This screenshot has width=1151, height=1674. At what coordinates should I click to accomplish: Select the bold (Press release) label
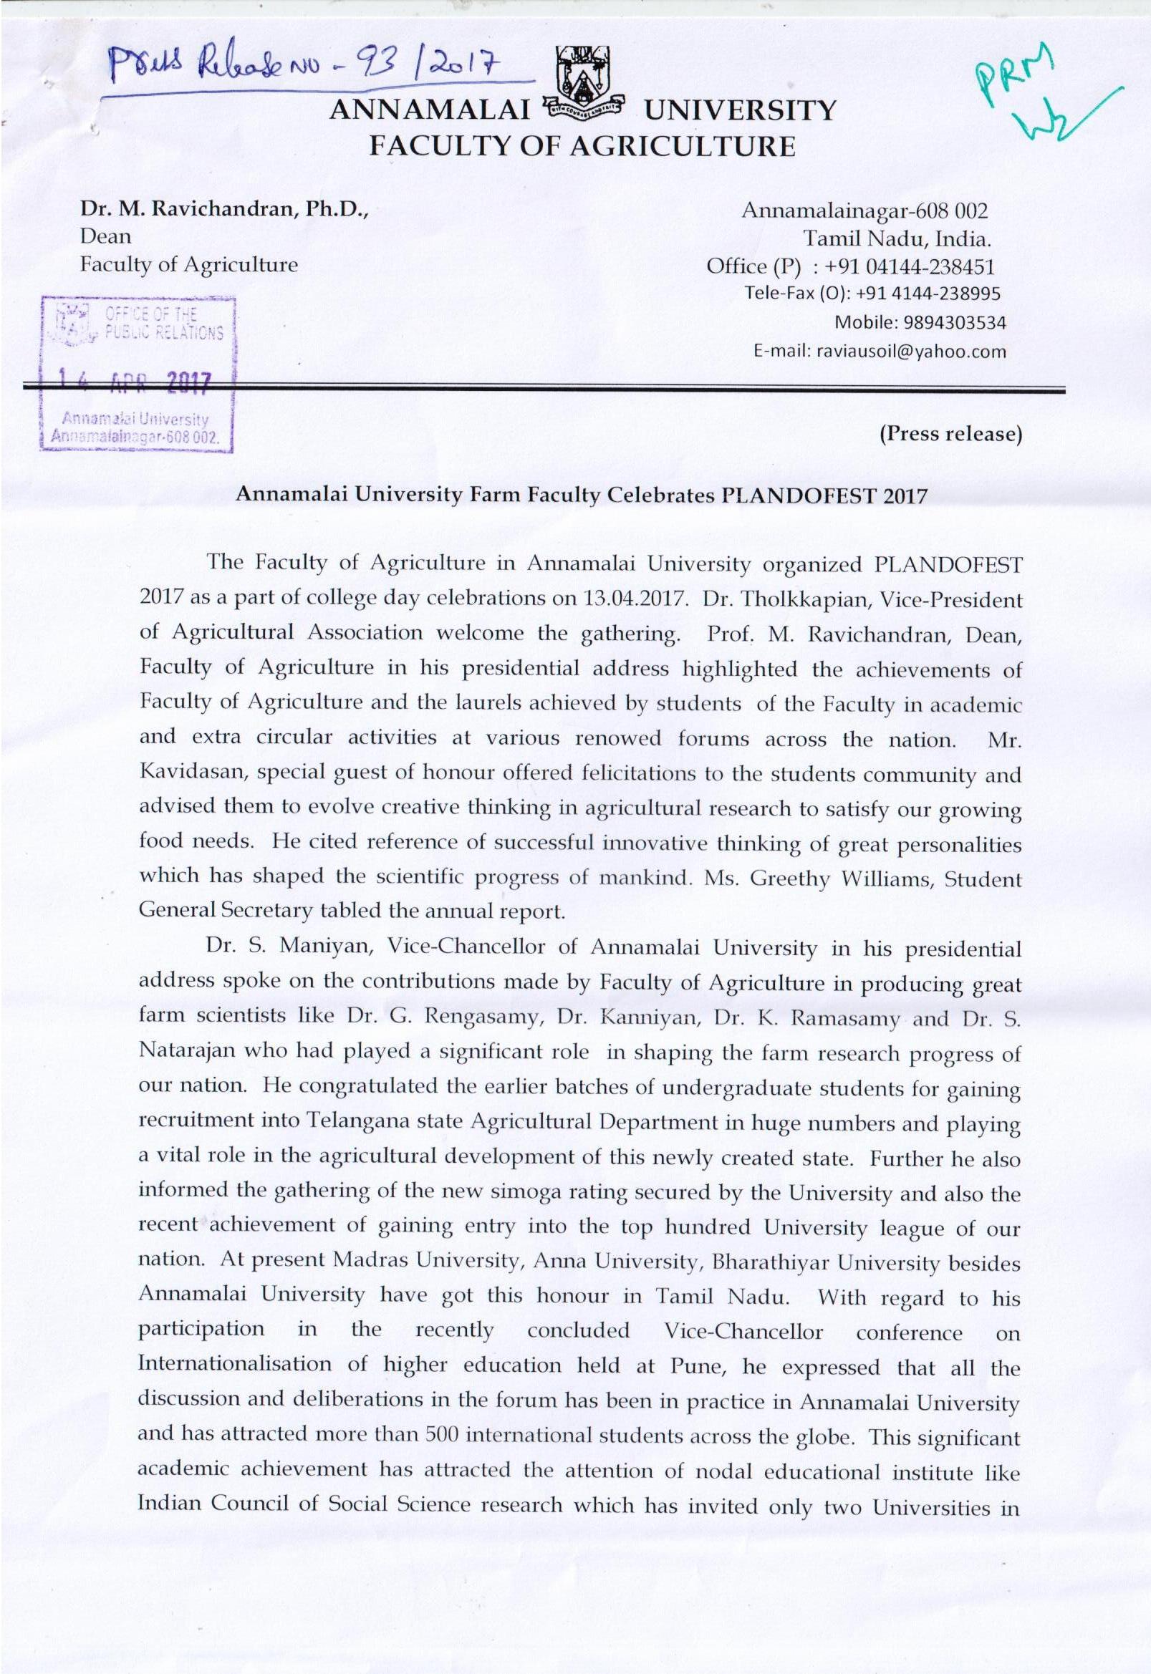[x=950, y=434]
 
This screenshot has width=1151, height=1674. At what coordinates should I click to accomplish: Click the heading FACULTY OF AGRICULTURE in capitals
[x=582, y=146]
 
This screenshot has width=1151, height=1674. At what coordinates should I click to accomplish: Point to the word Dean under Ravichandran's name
[x=105, y=236]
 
